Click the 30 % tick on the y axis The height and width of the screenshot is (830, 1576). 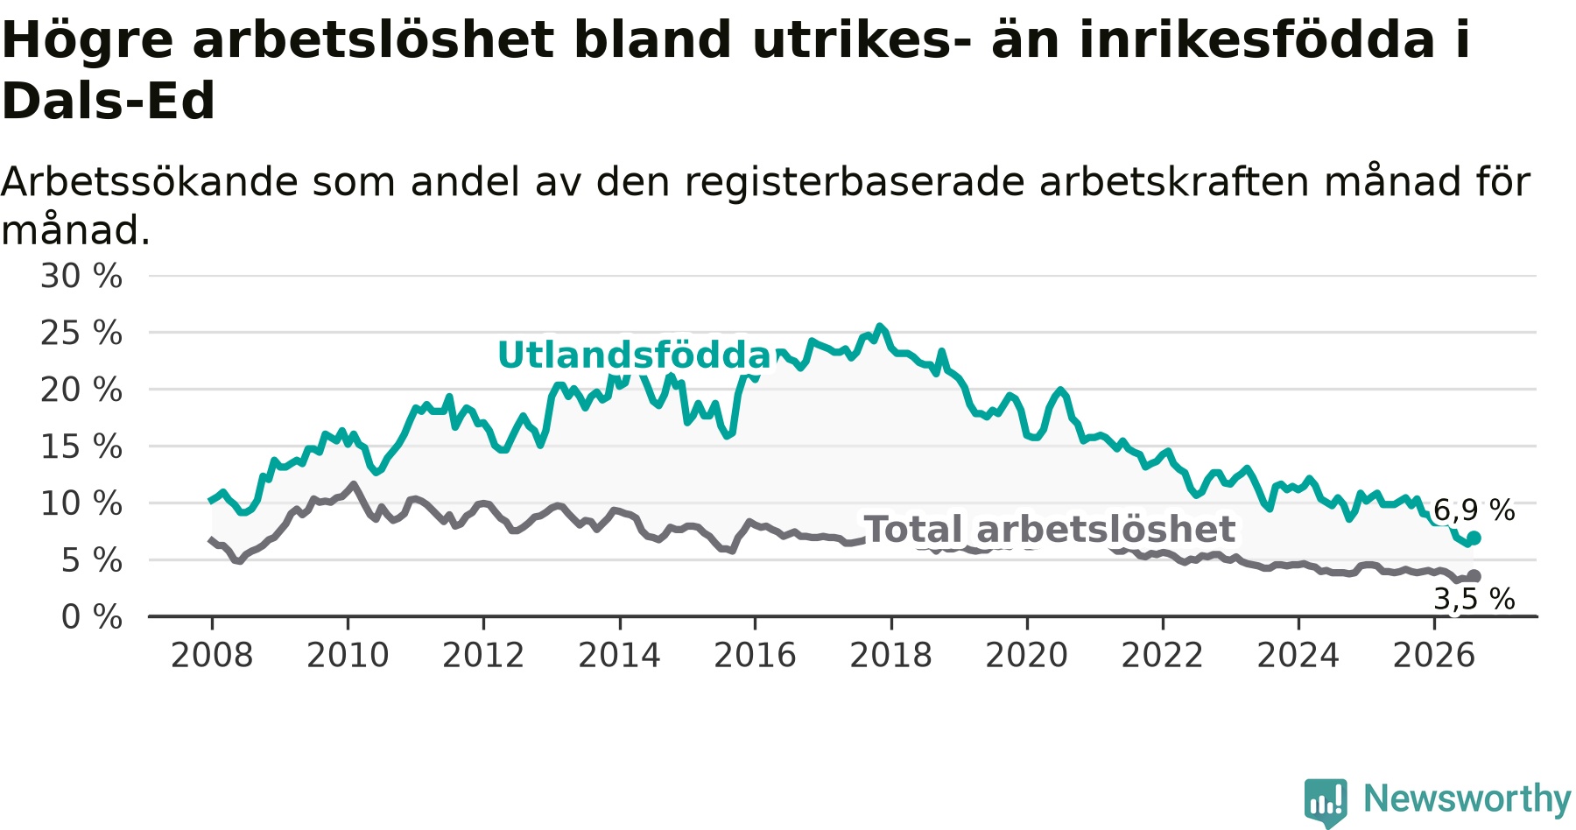coord(81,276)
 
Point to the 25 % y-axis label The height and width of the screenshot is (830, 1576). coord(81,333)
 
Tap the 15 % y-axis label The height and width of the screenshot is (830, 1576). coord(81,447)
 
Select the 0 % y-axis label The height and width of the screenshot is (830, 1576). coord(92,617)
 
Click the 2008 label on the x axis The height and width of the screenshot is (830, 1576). coord(212,655)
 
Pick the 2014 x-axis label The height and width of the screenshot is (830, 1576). coord(619,655)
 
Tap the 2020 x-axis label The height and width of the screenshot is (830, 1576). coord(1027,655)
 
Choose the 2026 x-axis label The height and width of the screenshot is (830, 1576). coord(1434,655)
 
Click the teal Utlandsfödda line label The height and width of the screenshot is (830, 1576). coord(635,355)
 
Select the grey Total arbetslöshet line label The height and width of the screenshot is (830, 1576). coord(1049,530)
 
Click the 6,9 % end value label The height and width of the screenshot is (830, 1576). coord(1474,510)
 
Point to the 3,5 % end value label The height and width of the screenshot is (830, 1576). coord(1474,599)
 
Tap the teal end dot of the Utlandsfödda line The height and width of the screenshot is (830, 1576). coord(1474,538)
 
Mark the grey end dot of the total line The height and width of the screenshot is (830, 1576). coord(1474,576)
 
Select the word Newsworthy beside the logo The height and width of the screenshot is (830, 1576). coord(1467,798)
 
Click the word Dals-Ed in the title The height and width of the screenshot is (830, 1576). coord(109,101)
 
